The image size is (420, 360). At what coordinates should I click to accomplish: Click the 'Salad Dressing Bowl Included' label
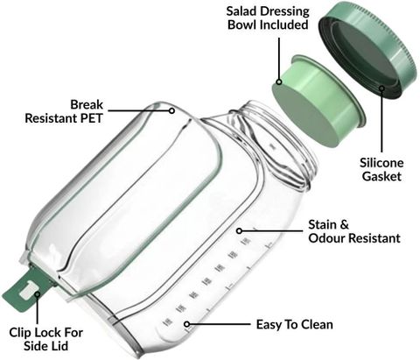(x=268, y=18)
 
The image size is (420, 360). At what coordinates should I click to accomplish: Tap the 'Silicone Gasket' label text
(x=381, y=170)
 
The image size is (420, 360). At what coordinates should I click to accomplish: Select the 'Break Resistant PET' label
(x=64, y=111)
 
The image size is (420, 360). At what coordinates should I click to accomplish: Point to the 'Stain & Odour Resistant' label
(x=354, y=231)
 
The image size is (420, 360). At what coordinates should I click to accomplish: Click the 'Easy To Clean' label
(x=295, y=324)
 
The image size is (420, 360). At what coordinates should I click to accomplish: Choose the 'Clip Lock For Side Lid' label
(x=45, y=339)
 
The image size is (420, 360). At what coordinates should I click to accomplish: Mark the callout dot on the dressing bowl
(x=279, y=81)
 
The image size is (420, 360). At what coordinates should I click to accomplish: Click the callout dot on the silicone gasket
(x=381, y=88)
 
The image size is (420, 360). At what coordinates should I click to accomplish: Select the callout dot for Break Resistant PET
(x=172, y=111)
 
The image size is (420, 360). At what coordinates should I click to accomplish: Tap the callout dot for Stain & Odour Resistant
(x=239, y=231)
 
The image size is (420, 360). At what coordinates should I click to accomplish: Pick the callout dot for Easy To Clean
(x=187, y=324)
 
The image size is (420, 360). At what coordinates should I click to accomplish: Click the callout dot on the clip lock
(x=37, y=293)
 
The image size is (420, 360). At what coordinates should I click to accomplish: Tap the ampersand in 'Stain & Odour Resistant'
(x=344, y=225)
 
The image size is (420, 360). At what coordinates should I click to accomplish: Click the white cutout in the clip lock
(x=28, y=290)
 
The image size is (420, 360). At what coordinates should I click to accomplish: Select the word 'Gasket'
(x=381, y=176)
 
